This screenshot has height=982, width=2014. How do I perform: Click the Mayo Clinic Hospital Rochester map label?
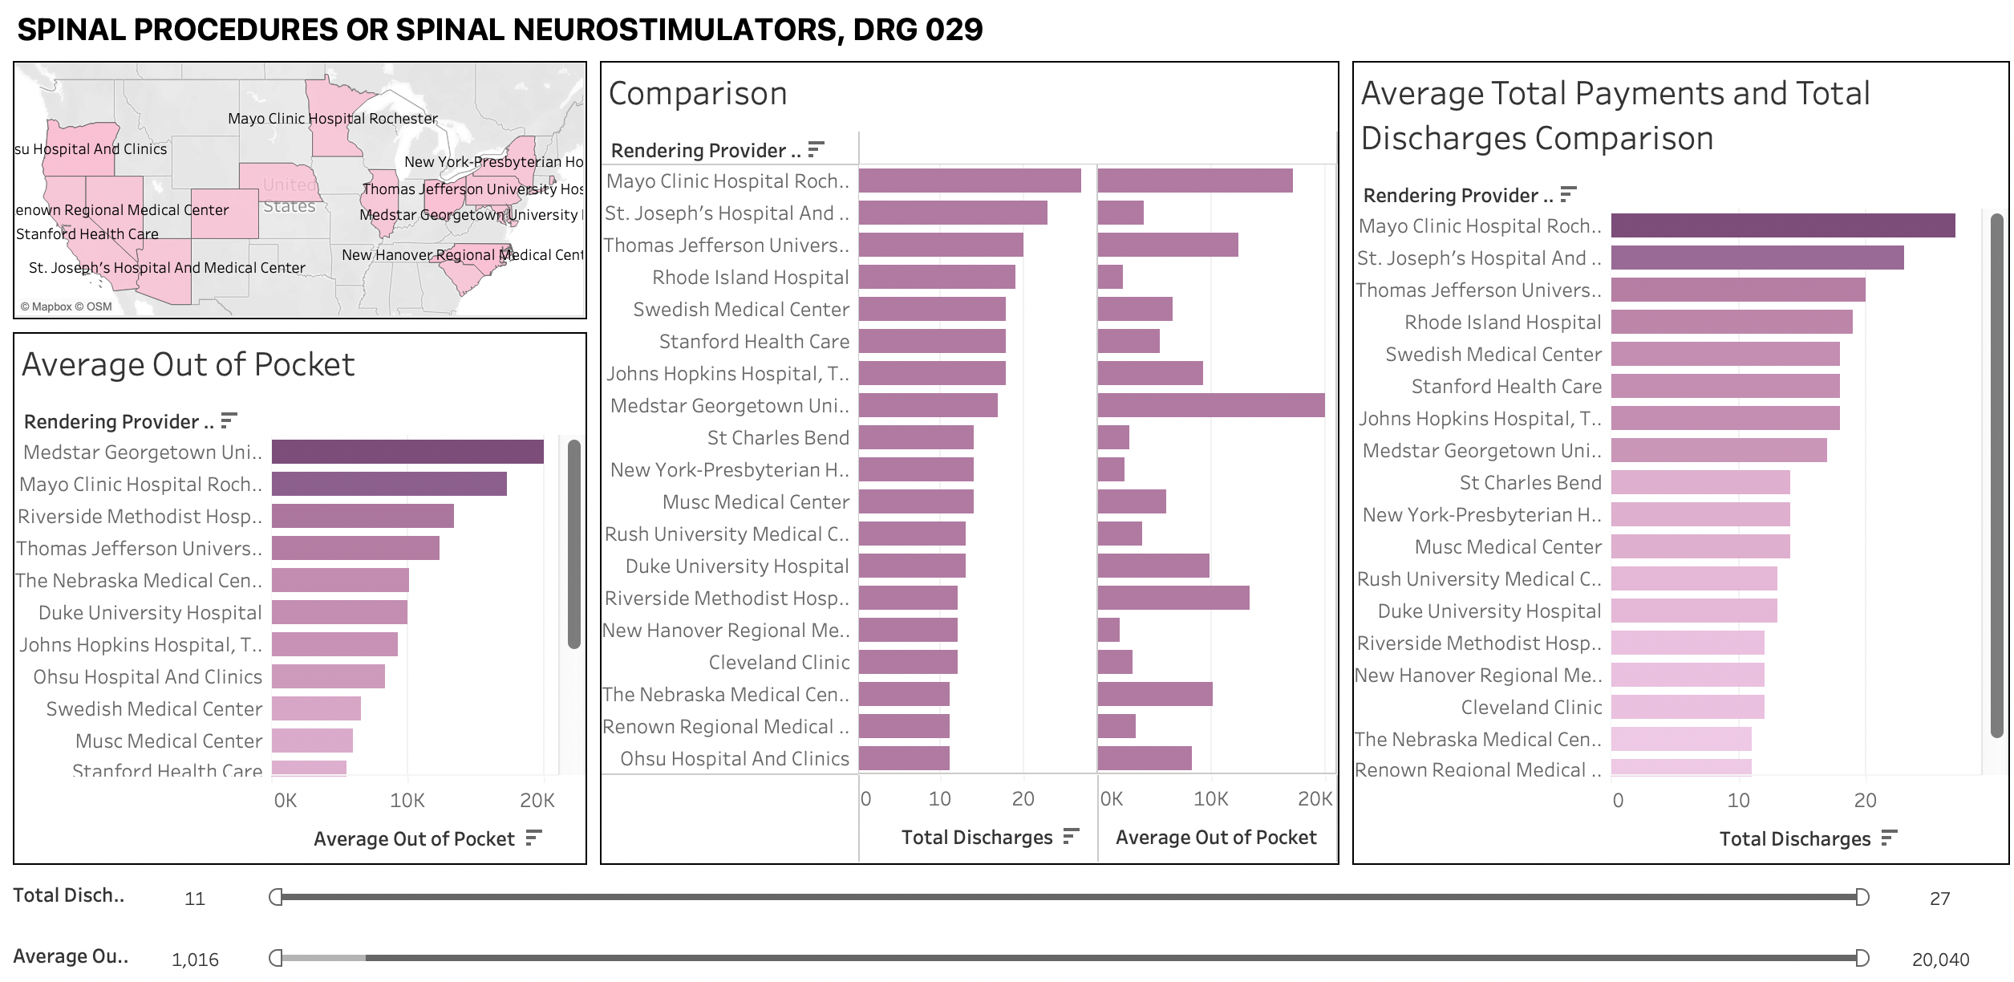point(332,119)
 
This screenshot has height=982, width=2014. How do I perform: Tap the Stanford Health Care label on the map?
point(87,234)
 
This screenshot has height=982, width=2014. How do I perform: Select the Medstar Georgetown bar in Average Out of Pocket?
point(407,452)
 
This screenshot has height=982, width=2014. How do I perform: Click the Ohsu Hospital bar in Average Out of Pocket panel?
point(328,676)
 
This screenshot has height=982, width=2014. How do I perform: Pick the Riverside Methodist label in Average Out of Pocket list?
point(140,517)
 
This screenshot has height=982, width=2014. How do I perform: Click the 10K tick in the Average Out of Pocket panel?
point(407,801)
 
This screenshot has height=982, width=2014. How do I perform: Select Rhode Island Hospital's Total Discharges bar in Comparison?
point(937,277)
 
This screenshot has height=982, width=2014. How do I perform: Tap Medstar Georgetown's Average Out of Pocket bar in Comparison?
point(1211,405)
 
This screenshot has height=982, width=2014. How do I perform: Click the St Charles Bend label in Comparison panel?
point(777,438)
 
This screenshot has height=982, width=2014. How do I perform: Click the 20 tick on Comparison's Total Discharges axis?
point(1023,799)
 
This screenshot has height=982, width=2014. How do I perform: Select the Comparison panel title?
point(698,94)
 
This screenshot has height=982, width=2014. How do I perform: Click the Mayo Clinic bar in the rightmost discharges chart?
point(1782,225)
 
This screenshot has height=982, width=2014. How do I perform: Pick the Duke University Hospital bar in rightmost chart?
point(1694,611)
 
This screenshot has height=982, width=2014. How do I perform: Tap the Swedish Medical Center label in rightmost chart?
point(1493,355)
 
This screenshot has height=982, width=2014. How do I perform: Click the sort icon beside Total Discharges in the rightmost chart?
point(1889,838)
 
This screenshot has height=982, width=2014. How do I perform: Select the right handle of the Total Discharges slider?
point(1862,897)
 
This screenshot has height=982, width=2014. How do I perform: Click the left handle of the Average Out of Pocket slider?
point(276,958)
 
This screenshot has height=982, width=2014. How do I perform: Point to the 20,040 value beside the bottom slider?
point(1940,960)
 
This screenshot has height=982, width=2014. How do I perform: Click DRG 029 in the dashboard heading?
point(918,30)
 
